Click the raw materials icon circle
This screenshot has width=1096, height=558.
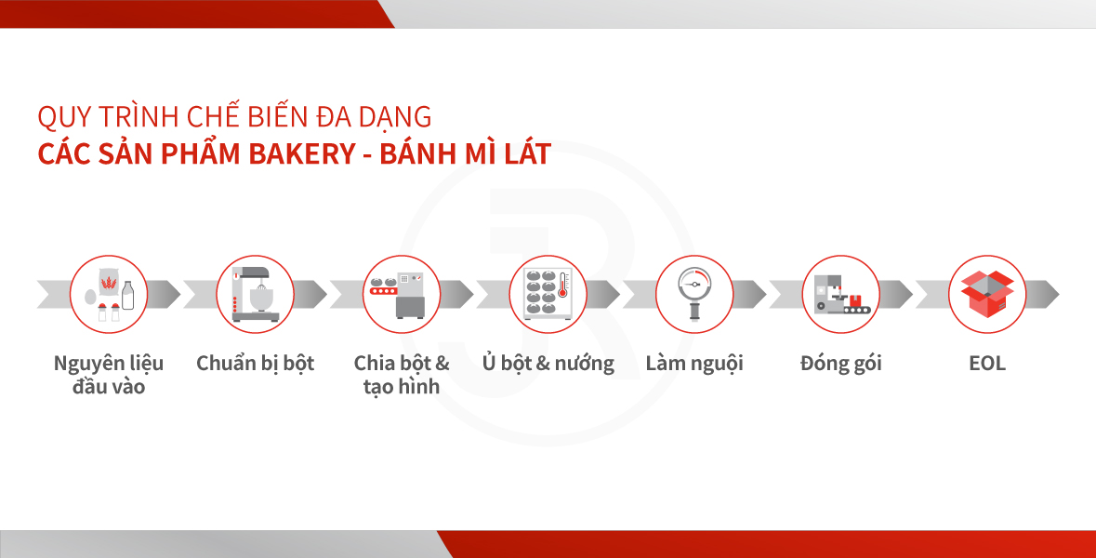pyautogui.click(x=109, y=295)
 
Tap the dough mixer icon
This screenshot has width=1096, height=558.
pyautogui.click(x=255, y=295)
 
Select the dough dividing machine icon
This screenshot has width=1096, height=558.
pyautogui.click(x=402, y=295)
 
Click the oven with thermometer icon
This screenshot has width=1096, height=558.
pyautogui.click(x=548, y=295)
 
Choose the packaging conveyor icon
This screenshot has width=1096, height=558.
pyautogui.click(x=841, y=295)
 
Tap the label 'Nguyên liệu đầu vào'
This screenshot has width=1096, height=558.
pyautogui.click(x=109, y=375)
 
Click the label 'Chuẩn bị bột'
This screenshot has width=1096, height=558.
pyautogui.click(x=255, y=364)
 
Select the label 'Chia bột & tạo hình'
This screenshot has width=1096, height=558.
pyautogui.click(x=402, y=375)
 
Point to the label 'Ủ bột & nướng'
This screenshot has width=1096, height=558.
pyautogui.click(x=548, y=363)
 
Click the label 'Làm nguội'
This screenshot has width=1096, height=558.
pyautogui.click(x=694, y=364)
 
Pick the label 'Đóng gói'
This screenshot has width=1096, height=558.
pyautogui.click(x=841, y=364)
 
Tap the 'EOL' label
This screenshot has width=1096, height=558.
pyautogui.click(x=987, y=364)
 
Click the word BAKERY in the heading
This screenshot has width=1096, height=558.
pyautogui.click(x=303, y=154)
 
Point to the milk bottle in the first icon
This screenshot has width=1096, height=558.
pyautogui.click(x=128, y=295)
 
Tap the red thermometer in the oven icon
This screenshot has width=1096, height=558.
pyautogui.click(x=562, y=286)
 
